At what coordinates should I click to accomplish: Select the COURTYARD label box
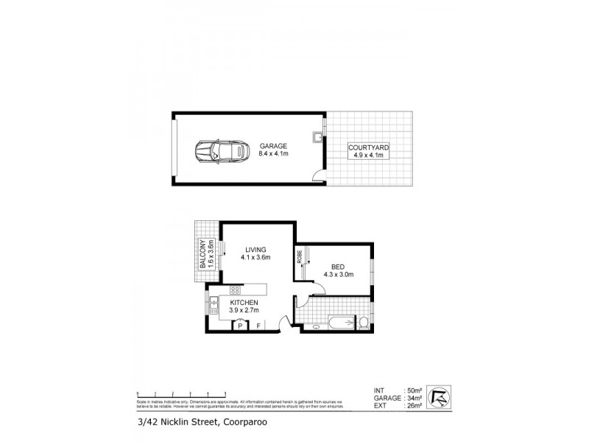368,152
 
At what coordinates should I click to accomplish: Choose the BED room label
339,270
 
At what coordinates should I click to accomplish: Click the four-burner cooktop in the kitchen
236,290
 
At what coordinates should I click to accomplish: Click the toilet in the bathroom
363,322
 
